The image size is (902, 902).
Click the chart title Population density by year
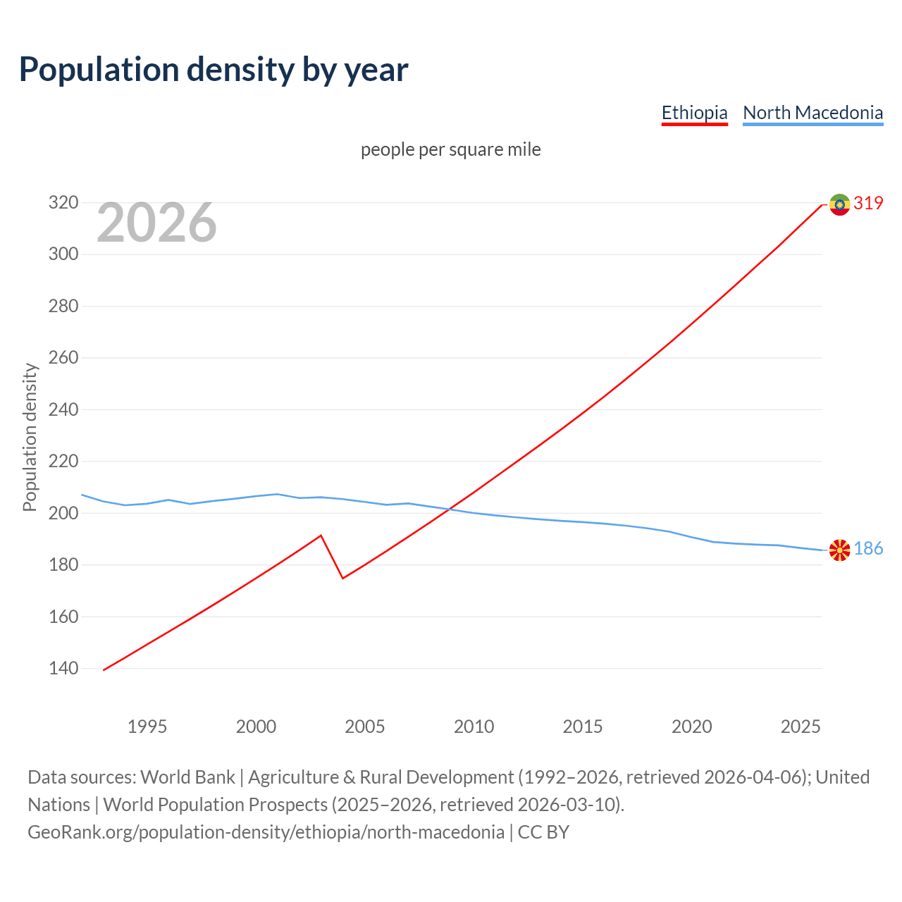[214, 70]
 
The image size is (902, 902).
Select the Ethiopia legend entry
[694, 113]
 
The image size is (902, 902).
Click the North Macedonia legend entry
[813, 113]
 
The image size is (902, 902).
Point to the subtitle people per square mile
[450, 149]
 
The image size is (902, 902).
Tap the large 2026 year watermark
[156, 223]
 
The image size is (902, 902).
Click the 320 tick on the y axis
[63, 203]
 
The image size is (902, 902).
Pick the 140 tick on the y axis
[63, 668]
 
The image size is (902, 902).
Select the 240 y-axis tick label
[63, 409]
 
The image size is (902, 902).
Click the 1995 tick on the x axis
[147, 727]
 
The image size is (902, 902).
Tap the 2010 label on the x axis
[474, 727]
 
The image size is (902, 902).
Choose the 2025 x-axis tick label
[801, 727]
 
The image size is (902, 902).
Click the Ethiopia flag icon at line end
[839, 204]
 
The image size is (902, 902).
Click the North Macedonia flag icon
[839, 550]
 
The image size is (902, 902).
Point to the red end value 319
[868, 203]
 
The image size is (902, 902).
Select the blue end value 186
[868, 548]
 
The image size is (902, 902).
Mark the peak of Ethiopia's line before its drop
[321, 536]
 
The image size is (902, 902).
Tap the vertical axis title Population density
[30, 437]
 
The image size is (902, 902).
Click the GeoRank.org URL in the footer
[266, 832]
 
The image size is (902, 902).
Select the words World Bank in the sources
[187, 777]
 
